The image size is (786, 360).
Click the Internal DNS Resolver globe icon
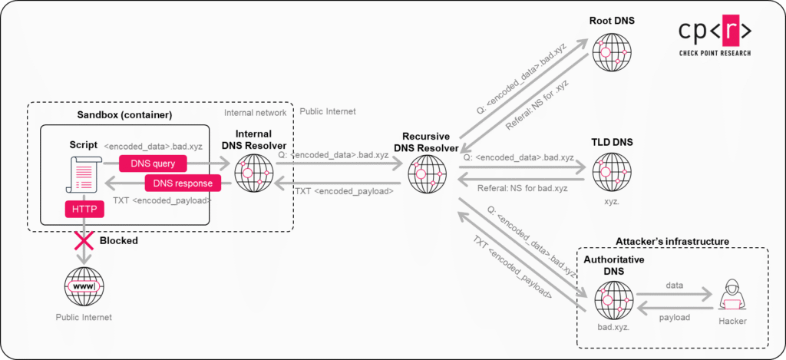(254, 173)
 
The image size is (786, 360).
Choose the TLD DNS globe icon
(612, 172)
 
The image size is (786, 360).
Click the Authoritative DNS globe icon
(612, 300)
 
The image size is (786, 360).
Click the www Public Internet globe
(83, 286)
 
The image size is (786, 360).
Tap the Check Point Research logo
(714, 35)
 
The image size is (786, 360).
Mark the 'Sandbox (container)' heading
(124, 115)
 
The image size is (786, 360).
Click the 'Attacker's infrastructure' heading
(672, 241)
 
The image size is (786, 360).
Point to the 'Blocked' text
(119, 240)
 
